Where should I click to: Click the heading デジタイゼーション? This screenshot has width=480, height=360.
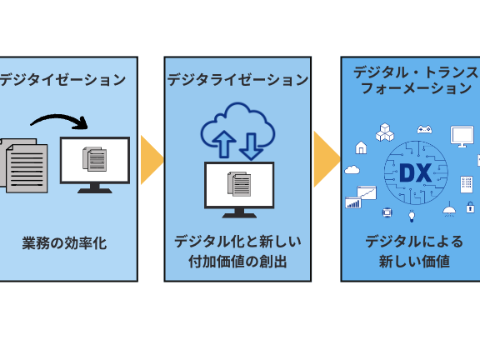point(62,80)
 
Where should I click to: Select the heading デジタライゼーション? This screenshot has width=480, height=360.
point(237,80)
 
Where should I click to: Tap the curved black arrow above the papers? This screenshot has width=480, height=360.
point(60,120)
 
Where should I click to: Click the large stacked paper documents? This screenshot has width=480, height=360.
point(24,166)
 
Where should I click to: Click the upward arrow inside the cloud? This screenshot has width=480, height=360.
point(224,144)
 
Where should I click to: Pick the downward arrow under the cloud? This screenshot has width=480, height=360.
point(252,147)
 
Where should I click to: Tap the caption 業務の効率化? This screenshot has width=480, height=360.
point(64,243)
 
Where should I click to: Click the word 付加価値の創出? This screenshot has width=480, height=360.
point(237,262)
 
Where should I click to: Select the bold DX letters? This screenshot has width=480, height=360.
point(415,173)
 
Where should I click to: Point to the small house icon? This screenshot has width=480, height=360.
point(361,147)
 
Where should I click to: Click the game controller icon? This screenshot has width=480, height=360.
point(425,129)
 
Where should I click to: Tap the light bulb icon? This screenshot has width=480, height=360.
point(412,216)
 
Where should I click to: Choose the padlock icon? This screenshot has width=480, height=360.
point(470,207)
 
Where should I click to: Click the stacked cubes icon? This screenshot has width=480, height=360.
point(385,132)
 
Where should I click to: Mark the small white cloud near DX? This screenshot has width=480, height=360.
point(352,170)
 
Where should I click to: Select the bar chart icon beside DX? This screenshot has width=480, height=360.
point(353,203)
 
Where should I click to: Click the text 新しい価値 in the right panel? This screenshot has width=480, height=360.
point(414,262)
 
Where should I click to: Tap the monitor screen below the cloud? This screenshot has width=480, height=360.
point(239,185)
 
